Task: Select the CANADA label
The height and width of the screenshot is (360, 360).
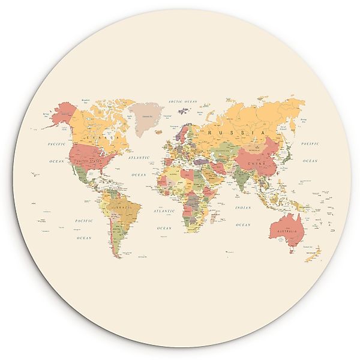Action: coord(98,138)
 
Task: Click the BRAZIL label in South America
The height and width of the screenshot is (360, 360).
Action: coord(124,208)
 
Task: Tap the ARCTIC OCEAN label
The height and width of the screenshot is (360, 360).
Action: coord(183,102)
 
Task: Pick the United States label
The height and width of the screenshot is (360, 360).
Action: coord(89,160)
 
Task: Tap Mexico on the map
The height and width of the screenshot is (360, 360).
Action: coord(84,176)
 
